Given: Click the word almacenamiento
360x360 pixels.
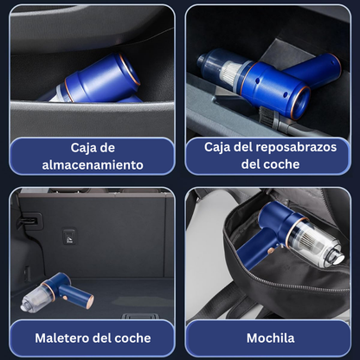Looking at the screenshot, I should (93, 164).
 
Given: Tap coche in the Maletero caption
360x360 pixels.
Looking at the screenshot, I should (131, 337).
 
